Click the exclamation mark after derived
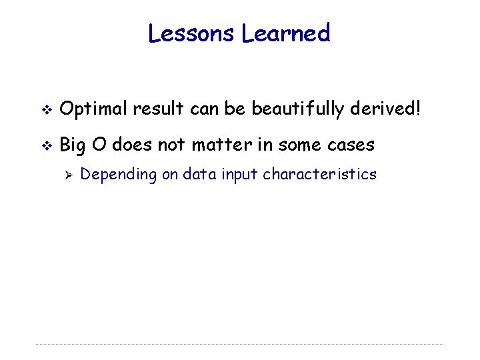click(x=418, y=109)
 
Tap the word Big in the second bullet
click(x=73, y=144)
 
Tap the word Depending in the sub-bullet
click(x=115, y=175)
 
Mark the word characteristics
click(x=320, y=175)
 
